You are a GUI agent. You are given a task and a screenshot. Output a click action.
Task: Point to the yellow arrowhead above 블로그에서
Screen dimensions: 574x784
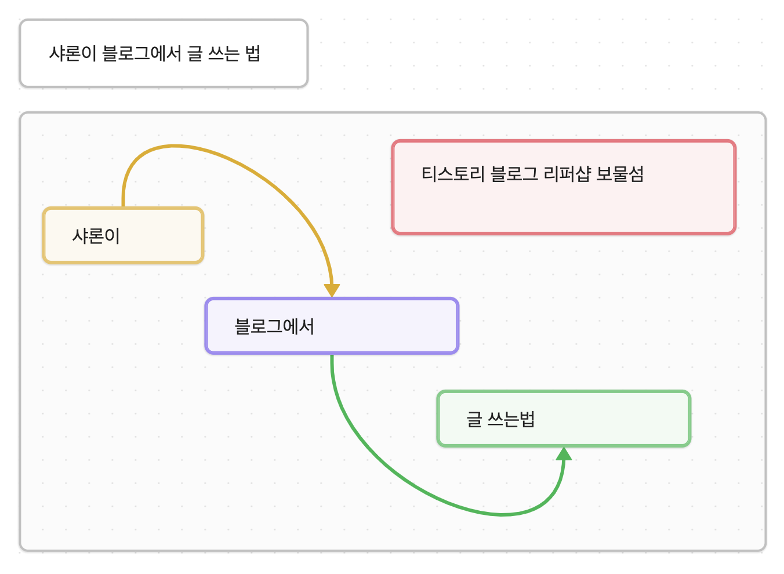(x=332, y=290)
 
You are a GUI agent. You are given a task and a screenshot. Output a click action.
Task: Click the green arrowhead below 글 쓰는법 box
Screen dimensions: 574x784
(x=564, y=454)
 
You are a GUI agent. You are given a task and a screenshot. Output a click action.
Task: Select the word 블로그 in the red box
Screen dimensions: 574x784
(x=514, y=173)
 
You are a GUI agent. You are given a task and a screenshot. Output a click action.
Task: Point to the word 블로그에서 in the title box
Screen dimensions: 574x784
(x=141, y=53)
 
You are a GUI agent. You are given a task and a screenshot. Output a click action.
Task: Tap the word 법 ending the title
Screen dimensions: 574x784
(x=253, y=53)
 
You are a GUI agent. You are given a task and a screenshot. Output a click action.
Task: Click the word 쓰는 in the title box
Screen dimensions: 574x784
(x=223, y=53)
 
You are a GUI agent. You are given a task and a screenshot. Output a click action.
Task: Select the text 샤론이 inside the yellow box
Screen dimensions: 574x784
(x=96, y=236)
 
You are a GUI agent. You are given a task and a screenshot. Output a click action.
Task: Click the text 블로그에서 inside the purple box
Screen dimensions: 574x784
(x=274, y=326)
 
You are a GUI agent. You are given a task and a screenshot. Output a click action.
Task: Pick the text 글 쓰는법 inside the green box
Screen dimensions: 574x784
(x=500, y=419)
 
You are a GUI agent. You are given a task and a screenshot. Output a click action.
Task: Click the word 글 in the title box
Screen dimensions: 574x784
(x=195, y=53)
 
